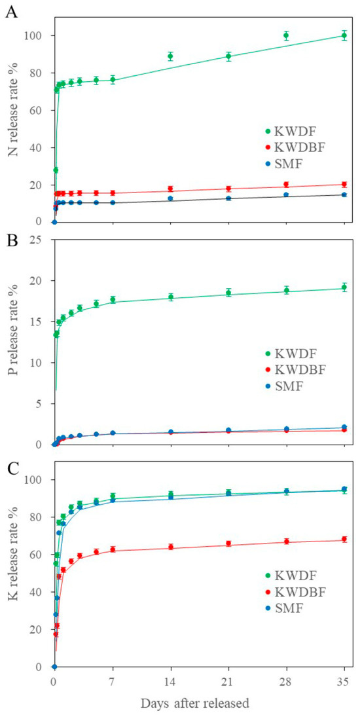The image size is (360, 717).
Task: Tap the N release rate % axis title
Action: tap(12, 117)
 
